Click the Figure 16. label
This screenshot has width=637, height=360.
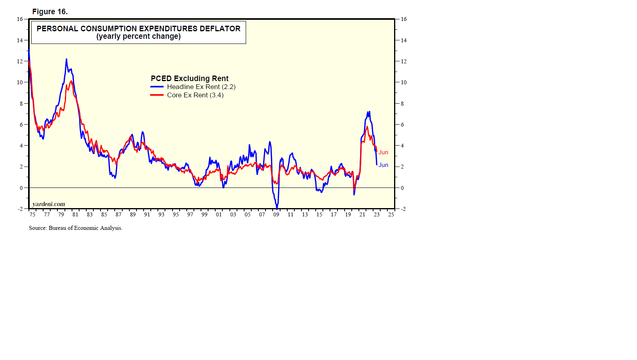pos(50,12)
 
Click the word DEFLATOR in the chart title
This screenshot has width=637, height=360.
pos(220,28)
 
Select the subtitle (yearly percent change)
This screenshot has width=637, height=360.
pos(138,36)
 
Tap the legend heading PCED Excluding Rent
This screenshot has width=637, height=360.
pos(190,78)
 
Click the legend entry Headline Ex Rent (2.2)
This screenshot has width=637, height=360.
pos(201,87)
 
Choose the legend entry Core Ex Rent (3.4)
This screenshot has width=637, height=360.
pos(195,95)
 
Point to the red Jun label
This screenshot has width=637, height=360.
pos(383,152)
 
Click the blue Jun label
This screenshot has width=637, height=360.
pos(383,165)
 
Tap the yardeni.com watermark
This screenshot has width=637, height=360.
pos(49,204)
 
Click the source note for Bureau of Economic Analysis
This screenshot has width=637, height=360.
pos(76,228)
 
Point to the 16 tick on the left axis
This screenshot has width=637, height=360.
pos(20,19)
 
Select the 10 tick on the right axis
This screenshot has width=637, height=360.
pos(404,82)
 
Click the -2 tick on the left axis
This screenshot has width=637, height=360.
pos(20,209)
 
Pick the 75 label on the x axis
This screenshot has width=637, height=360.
pos(32,214)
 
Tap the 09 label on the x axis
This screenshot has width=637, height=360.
pos(276,214)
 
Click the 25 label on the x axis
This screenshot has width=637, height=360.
pos(391,214)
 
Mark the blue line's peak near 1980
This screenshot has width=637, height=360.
pos(66,59)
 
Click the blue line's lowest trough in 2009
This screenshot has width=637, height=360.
pos(277,208)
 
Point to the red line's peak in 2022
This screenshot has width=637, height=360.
pos(367,127)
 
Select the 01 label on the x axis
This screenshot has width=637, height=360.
pos(219,214)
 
